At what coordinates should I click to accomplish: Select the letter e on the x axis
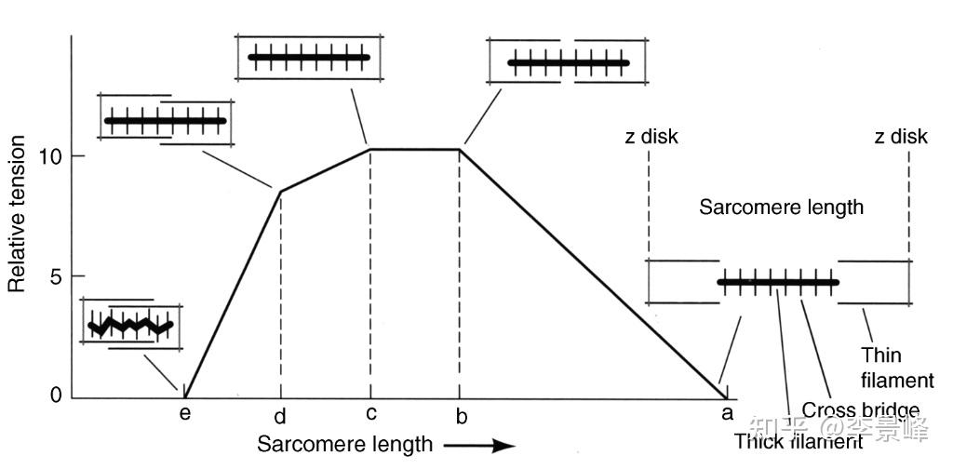pyautogui.click(x=185, y=415)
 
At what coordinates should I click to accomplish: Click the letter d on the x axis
pyautogui.click(x=280, y=416)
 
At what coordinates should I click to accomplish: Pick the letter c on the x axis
pyautogui.click(x=370, y=415)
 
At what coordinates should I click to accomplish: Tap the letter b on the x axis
pyautogui.click(x=461, y=415)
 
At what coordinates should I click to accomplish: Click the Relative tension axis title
pyautogui.click(x=17, y=213)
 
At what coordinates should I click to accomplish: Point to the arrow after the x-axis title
pyautogui.click(x=479, y=445)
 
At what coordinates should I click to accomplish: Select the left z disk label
pyautogui.click(x=651, y=137)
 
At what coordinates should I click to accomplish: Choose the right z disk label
pyautogui.click(x=901, y=137)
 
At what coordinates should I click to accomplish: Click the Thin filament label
pyautogui.click(x=896, y=368)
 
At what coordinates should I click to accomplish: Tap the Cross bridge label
pyautogui.click(x=860, y=410)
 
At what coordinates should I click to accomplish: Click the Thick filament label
pyautogui.click(x=798, y=441)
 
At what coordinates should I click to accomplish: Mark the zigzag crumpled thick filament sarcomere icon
pyautogui.click(x=131, y=325)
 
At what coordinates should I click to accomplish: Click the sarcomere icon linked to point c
pyautogui.click(x=310, y=58)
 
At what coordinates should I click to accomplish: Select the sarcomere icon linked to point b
pyautogui.click(x=568, y=63)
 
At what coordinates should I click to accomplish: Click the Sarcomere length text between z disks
pyautogui.click(x=781, y=208)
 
